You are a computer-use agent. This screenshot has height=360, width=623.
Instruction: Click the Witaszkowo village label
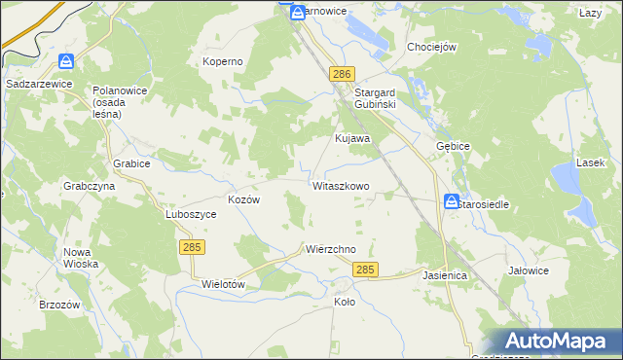(x=341, y=185)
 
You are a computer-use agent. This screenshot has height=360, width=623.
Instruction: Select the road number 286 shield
(x=342, y=75)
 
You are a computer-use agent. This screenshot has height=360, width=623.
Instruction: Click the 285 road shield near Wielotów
(x=191, y=249)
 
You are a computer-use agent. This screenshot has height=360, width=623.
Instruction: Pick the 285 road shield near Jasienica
(x=365, y=270)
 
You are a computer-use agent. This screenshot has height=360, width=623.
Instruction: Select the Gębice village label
(x=454, y=146)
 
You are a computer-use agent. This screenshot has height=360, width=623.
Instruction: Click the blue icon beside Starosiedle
(x=452, y=202)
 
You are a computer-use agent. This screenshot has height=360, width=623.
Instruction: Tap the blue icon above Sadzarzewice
(x=65, y=61)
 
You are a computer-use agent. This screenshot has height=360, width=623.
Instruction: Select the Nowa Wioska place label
(x=82, y=257)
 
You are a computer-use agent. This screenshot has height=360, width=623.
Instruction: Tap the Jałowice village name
(x=529, y=270)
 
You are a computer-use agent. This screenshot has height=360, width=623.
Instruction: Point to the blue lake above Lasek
(x=566, y=177)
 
